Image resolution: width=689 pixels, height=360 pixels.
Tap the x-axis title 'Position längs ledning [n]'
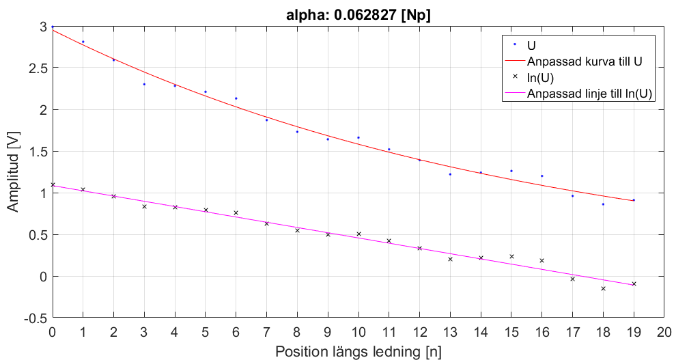358,351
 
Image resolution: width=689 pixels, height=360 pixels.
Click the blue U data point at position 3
144,84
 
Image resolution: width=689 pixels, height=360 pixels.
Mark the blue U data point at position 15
511,171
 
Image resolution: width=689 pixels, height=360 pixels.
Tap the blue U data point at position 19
634,200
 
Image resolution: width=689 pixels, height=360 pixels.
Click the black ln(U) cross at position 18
603,288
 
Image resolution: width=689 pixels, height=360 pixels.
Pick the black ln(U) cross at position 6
236,213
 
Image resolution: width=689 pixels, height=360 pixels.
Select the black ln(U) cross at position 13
450,259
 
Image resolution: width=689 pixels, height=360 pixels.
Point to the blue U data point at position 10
358,137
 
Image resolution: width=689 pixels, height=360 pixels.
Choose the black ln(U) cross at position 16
542,260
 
